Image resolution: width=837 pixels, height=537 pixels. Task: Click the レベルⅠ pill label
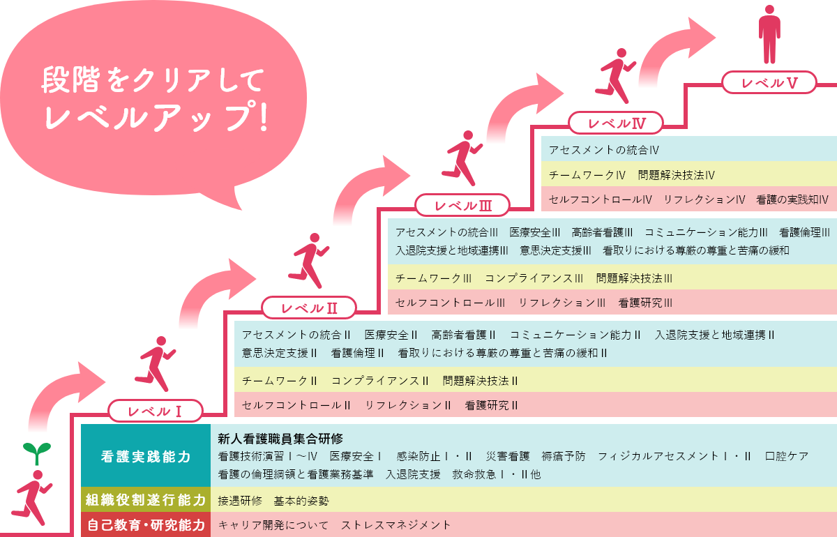pyautogui.click(x=156, y=411)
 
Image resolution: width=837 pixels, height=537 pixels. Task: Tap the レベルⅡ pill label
pyautogui.click(x=308, y=308)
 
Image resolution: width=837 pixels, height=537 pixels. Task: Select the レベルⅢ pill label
pyautogui.click(x=462, y=205)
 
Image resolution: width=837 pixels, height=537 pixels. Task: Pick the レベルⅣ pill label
pyautogui.click(x=616, y=123)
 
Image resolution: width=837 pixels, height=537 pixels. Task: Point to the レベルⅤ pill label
pyautogui.click(x=769, y=82)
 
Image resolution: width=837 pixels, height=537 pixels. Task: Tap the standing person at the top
pyautogui.click(x=769, y=34)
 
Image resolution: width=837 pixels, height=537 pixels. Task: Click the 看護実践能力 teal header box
pyautogui.click(x=146, y=455)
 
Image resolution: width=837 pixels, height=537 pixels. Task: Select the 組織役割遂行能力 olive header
pyautogui.click(x=146, y=499)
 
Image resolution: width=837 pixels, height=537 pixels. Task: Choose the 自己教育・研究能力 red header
pyautogui.click(x=146, y=524)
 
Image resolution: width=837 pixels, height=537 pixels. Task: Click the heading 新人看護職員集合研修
pyautogui.click(x=280, y=439)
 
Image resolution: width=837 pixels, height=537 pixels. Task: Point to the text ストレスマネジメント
pyautogui.click(x=396, y=525)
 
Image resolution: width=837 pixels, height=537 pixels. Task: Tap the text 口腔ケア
pyautogui.click(x=787, y=456)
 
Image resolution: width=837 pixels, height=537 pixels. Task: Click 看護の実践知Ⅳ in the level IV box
pyautogui.click(x=792, y=199)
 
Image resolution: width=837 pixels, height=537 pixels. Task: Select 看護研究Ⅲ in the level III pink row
pyautogui.click(x=645, y=303)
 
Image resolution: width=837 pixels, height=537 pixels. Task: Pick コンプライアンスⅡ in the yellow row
pyautogui.click(x=380, y=381)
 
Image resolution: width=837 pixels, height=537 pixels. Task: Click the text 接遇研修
pyautogui.click(x=240, y=501)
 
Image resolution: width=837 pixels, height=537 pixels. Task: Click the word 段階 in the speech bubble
pyautogui.click(x=70, y=80)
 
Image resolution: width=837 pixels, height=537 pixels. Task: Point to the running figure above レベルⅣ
pyautogui.click(x=615, y=76)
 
